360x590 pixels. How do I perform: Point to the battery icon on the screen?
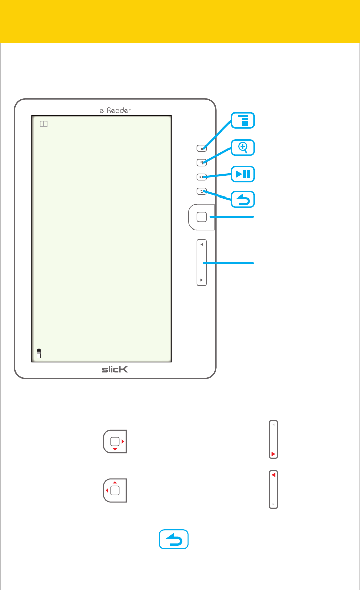39,353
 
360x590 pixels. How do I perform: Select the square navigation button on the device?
201,217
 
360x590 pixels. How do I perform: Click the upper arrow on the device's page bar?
202,244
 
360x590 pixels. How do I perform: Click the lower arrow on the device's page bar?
202,280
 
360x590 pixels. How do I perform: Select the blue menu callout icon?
243,121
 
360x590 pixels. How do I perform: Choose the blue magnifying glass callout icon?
243,147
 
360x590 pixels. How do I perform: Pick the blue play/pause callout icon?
243,174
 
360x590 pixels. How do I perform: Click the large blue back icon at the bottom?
174,539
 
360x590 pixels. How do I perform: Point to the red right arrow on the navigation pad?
123,441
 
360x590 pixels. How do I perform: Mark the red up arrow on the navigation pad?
115,482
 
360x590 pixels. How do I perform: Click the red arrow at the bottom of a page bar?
273,453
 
